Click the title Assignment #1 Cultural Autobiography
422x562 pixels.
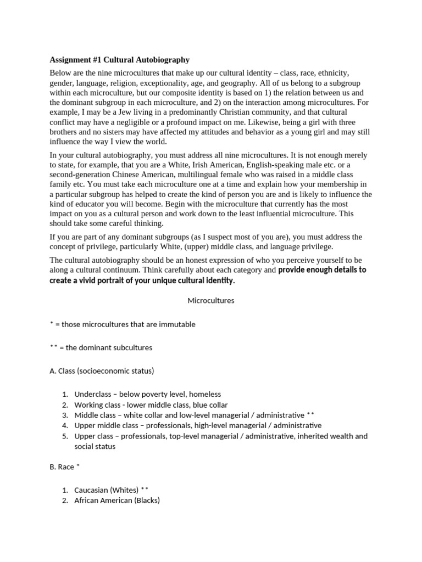[x=119, y=60]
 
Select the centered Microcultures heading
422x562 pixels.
[x=211, y=301]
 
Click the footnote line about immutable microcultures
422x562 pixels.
[x=123, y=324]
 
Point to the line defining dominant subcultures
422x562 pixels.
[x=101, y=347]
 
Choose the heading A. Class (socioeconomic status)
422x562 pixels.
[x=102, y=371]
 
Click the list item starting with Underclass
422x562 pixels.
[x=147, y=395]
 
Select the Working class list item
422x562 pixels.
[x=151, y=405]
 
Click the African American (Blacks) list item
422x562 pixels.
[x=116, y=501]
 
